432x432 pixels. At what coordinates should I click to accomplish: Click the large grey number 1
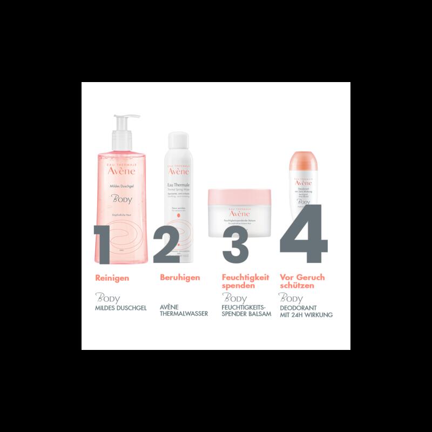111,245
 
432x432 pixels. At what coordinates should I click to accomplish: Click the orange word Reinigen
112,278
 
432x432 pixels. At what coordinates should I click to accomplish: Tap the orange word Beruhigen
180,278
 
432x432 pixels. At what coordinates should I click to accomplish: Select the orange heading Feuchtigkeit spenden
246,281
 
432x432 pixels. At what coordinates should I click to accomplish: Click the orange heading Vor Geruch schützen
302,281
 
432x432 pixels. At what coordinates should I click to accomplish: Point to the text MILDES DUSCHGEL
121,308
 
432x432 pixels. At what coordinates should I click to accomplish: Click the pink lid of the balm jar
239,195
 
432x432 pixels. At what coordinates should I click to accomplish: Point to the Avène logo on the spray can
178,171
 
